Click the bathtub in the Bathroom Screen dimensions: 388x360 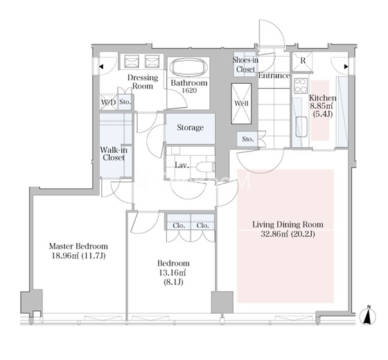click(190, 68)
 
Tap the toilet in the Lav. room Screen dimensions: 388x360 click(206, 167)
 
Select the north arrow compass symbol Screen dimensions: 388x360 click(369, 315)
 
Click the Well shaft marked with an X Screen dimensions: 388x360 click(241, 103)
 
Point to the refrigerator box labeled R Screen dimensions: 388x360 click(302, 61)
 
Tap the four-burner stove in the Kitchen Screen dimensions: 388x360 click(301, 86)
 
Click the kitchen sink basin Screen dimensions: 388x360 click(301, 126)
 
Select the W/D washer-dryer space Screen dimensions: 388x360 click(108, 102)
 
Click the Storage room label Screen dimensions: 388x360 click(191, 127)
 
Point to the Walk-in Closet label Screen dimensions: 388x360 click(114, 154)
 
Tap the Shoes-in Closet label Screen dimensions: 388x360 click(245, 64)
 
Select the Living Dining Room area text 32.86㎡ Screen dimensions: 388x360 click(274, 234)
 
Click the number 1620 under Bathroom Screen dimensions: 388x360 click(189, 91)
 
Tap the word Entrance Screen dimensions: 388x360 click(274, 75)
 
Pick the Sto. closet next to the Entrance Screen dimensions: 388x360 click(248, 139)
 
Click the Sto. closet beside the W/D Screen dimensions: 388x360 click(125, 102)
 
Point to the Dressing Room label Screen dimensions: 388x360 click(143, 82)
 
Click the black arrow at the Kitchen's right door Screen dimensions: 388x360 click(346, 66)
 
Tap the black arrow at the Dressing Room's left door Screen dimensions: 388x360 click(101, 66)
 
